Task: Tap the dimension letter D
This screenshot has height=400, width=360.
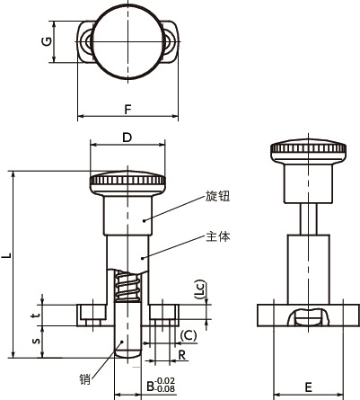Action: tap(127, 138)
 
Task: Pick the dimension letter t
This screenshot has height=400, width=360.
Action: tap(35, 316)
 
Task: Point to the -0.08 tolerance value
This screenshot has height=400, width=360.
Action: tap(165, 389)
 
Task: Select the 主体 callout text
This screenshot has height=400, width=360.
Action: tap(218, 237)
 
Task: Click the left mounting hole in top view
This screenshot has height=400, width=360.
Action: tap(88, 41)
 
